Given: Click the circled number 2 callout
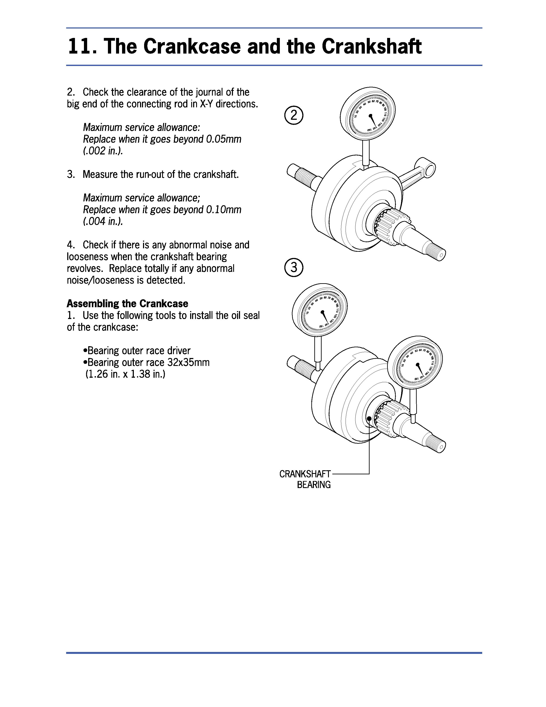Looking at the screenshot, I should [x=294, y=115].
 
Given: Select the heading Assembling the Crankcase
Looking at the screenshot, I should [x=127, y=304].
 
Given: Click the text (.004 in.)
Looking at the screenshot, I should [x=103, y=222].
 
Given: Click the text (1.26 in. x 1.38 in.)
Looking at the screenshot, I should [x=125, y=374].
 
